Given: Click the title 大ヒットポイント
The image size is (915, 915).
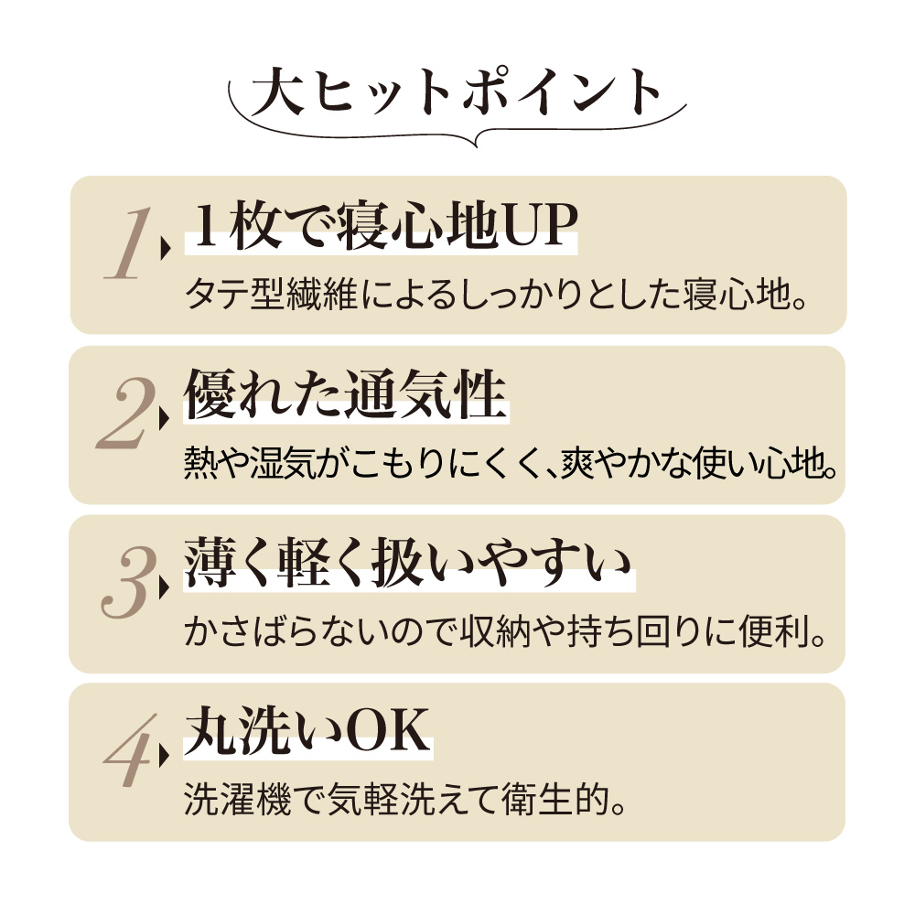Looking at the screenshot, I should tap(457, 94).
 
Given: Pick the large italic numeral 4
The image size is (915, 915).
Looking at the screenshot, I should tap(127, 753).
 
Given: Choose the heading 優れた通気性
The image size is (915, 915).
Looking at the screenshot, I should tap(345, 397).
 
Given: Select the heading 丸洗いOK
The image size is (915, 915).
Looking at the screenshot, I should tap(307, 734).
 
